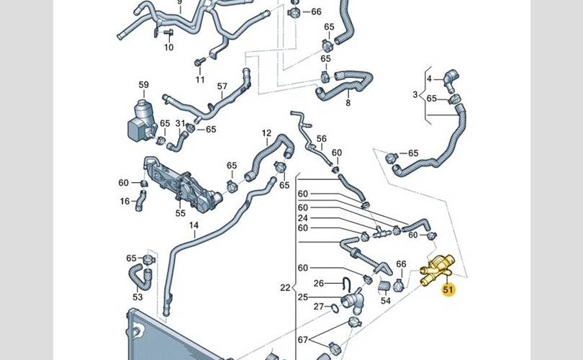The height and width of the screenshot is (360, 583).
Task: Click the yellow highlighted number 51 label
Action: [449, 291]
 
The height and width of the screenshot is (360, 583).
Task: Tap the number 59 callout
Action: [143, 85]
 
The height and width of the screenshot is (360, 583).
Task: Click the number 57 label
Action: [222, 87]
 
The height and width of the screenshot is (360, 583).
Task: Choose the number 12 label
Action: [266, 133]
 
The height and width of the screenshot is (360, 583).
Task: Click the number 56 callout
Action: [322, 139]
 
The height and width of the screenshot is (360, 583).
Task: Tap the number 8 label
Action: [348, 104]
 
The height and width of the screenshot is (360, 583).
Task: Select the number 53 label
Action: [137, 296]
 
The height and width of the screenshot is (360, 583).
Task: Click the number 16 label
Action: [125, 202]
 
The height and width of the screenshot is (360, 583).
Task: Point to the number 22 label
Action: [285, 288]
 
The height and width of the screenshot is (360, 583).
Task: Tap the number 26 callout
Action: [320, 283]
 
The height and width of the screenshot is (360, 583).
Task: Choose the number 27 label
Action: [319, 307]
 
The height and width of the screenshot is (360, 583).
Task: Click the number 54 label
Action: [386, 300]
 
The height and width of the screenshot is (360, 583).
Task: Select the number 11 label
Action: [199, 79]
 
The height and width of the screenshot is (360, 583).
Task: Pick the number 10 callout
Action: [168, 48]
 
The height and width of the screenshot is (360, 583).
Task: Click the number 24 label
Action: [303, 217]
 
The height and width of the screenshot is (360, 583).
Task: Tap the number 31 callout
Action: [180, 124]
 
